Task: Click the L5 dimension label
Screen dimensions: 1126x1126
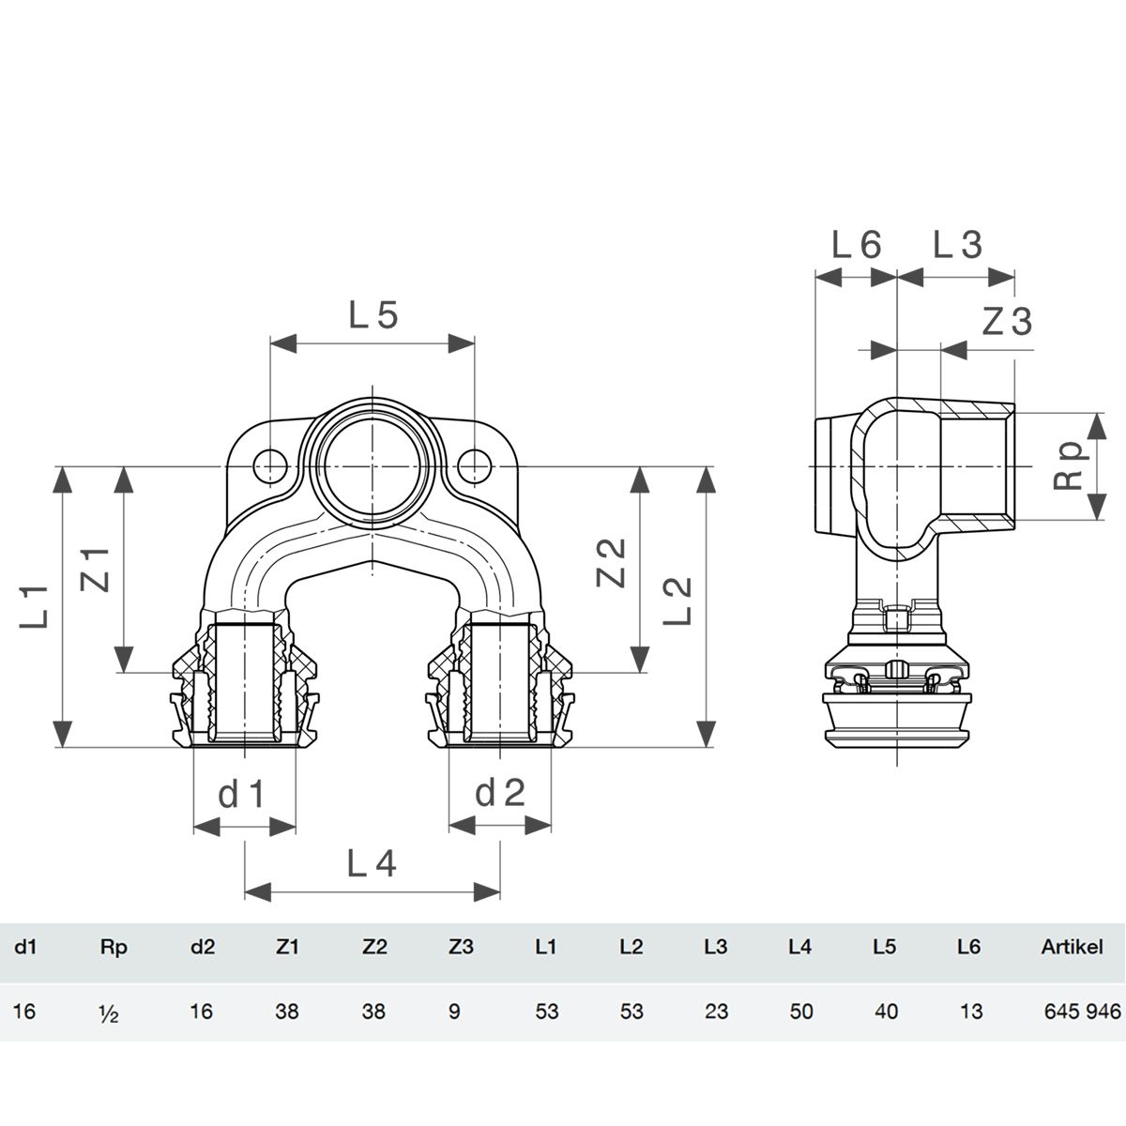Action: (x=373, y=315)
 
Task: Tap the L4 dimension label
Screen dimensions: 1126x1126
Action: (x=372, y=863)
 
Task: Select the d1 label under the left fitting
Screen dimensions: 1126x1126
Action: (x=242, y=794)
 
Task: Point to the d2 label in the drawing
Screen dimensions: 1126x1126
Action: (x=500, y=794)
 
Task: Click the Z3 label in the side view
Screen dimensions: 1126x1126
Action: (x=1008, y=322)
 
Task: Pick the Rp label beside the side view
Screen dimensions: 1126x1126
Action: (x=1069, y=467)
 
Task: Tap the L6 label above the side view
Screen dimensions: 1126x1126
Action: (x=856, y=245)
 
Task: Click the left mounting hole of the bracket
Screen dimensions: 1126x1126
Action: (x=270, y=466)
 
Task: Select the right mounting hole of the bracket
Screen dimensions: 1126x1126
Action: (x=474, y=466)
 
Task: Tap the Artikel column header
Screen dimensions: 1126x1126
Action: (x=1073, y=947)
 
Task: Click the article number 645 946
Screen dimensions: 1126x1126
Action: (x=1083, y=1012)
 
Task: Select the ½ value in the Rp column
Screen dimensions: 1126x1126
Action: (x=109, y=1012)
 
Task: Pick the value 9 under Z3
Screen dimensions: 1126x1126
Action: (x=454, y=1012)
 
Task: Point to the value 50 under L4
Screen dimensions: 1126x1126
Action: (x=801, y=1012)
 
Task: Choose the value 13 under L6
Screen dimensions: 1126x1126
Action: (x=971, y=1012)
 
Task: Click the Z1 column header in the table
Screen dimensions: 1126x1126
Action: (x=286, y=947)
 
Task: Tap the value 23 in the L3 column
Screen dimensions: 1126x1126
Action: (x=716, y=1012)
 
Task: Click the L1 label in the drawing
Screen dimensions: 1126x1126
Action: (x=34, y=606)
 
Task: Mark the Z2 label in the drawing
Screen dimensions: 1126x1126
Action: (x=611, y=563)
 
